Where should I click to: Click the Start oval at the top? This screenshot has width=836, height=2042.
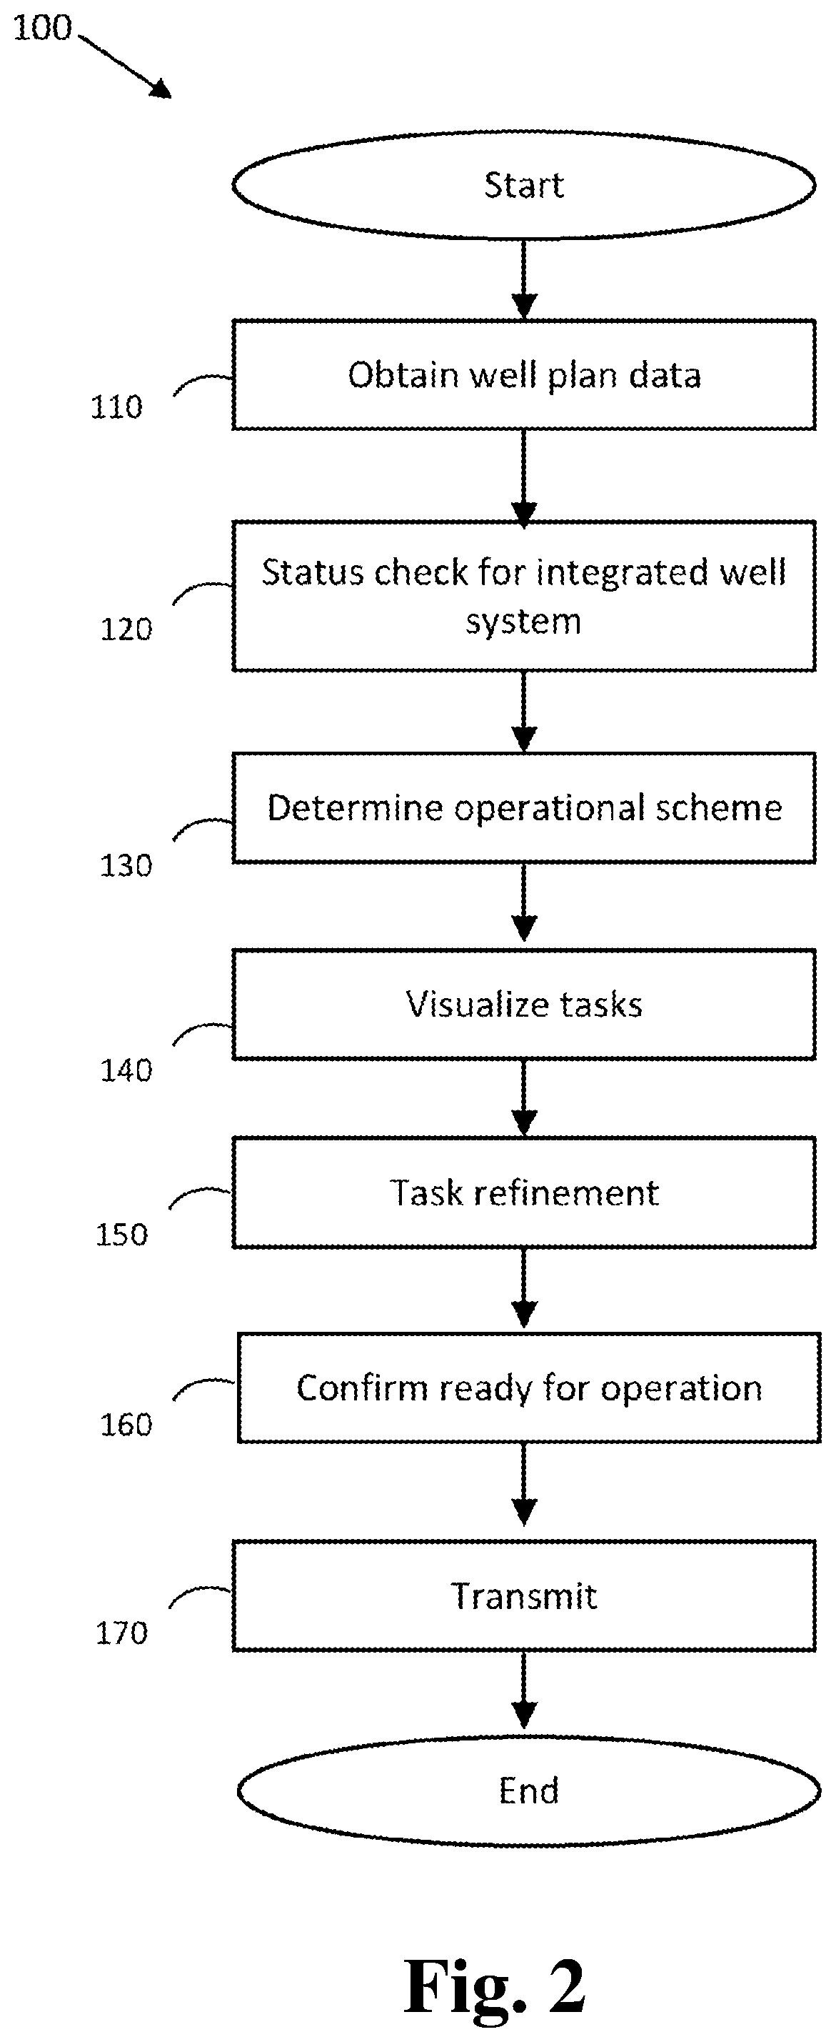coord(524,185)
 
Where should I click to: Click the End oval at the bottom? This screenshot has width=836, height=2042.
coord(528,1791)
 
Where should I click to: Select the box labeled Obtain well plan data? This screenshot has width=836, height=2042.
coord(524,375)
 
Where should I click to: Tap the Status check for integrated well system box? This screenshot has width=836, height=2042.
coord(524,595)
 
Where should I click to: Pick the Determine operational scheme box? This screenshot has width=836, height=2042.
coord(524,808)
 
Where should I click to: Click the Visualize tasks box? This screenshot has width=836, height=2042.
coord(524,1005)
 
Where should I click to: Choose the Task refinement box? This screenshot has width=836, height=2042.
coord(524,1193)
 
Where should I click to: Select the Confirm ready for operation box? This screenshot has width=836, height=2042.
coord(528,1388)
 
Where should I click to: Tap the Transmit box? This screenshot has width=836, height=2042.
coord(524,1595)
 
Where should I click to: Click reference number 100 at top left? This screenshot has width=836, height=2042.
coord(43,29)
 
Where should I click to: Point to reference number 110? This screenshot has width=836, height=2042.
coord(116,407)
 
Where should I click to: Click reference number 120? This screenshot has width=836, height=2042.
coord(125,629)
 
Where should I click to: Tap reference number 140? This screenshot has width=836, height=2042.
coord(125,1071)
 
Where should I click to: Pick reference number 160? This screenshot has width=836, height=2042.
coord(125,1425)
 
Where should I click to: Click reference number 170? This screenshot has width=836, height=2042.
coord(121,1633)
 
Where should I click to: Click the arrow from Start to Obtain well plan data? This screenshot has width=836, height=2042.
coord(524,279)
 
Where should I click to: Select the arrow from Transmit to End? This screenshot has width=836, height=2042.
coord(524,1693)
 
